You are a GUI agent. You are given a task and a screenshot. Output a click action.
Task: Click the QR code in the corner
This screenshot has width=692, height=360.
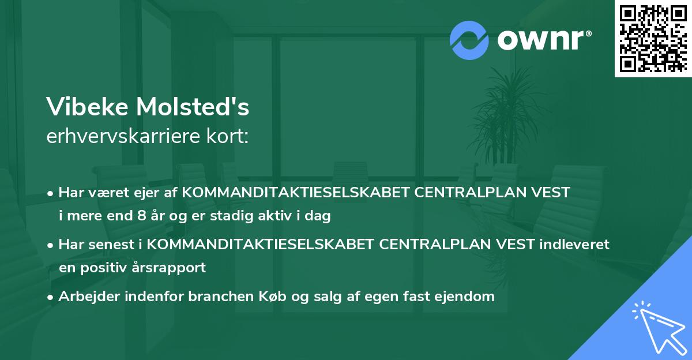653,39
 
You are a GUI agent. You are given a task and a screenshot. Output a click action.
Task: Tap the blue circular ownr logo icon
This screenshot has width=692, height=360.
469,40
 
